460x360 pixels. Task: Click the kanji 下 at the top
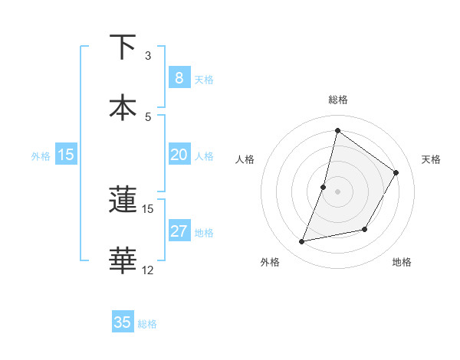click(123, 47)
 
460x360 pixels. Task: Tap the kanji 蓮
click(123, 201)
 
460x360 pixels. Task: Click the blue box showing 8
click(179, 77)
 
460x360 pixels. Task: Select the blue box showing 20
click(179, 155)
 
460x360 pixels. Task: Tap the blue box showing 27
click(179, 231)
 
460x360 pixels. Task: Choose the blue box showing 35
click(122, 322)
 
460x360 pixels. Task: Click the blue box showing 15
click(65, 155)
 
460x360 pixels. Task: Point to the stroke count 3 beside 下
click(148, 56)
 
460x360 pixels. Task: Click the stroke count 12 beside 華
click(148, 270)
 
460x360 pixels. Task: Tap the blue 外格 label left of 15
click(41, 155)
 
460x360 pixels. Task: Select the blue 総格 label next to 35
click(147, 324)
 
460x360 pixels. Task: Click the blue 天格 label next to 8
click(204, 79)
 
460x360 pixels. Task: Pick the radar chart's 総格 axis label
click(337, 100)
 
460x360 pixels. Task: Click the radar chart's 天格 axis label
click(431, 159)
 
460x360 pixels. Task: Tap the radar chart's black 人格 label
click(245, 159)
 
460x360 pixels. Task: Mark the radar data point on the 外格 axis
click(302, 242)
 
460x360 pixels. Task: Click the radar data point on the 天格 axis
click(396, 172)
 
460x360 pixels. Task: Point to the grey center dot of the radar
click(337, 191)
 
